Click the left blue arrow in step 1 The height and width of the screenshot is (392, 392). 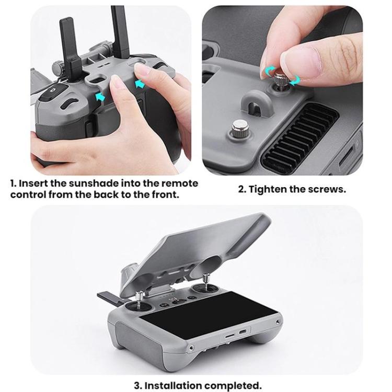pyautogui.click(x=100, y=97)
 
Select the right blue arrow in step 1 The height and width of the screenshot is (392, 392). pyautogui.click(x=140, y=85)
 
